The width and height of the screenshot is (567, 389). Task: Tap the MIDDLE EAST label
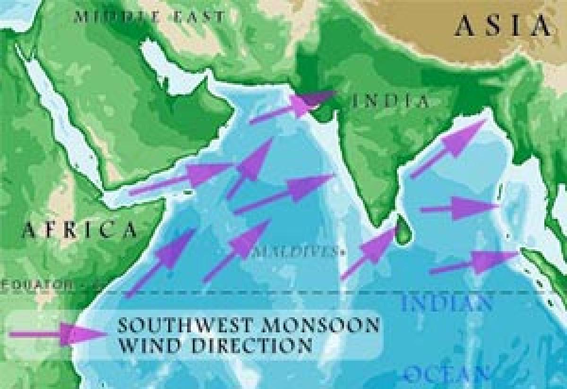click(149, 17)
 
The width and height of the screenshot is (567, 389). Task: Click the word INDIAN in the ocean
click(447, 303)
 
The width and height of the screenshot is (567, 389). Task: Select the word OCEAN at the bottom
click(446, 375)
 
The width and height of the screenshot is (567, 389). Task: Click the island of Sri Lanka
click(402, 231)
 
